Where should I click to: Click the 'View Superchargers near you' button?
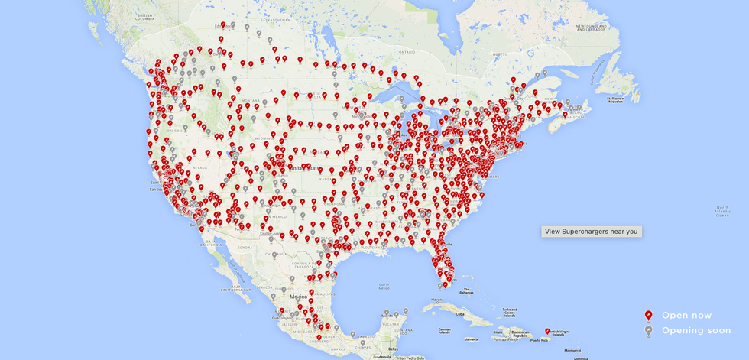click(592, 231)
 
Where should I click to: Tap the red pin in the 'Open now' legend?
click(648, 316)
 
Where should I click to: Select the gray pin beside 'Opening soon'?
click(648, 330)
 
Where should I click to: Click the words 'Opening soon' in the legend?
click(696, 331)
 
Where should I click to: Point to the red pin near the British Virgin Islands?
click(547, 331)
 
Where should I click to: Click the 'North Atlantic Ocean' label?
click(722, 211)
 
